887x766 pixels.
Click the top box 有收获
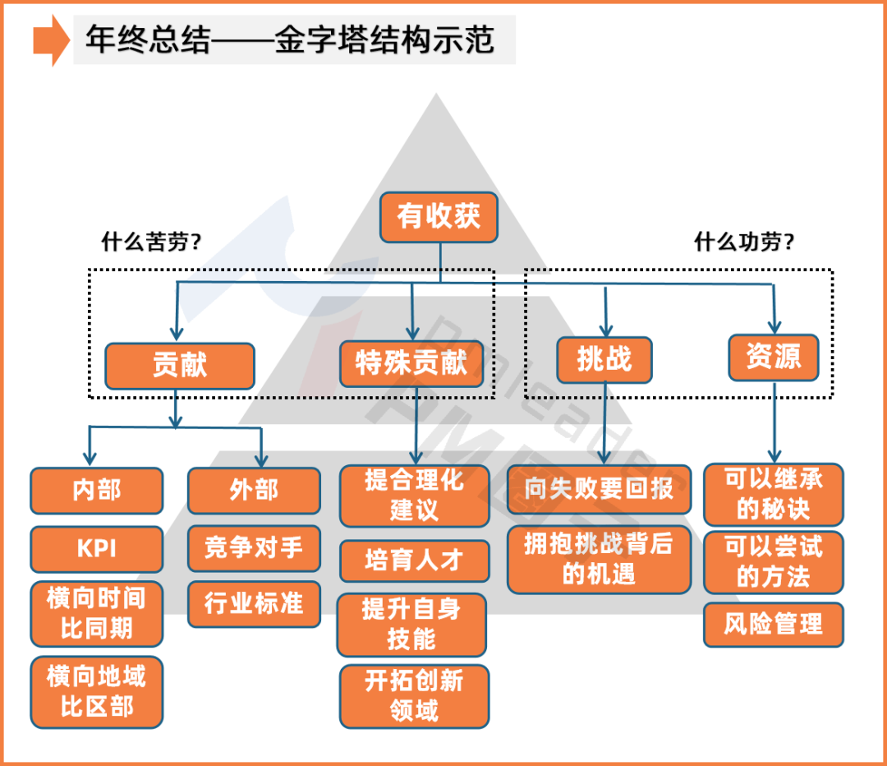point(439,217)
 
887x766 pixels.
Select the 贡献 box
point(180,365)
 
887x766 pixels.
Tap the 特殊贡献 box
point(411,363)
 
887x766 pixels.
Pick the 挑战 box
point(604,359)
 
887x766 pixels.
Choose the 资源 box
point(773,357)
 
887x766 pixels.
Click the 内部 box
point(97,491)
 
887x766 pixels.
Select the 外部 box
point(254,491)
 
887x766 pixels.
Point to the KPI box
point(97,548)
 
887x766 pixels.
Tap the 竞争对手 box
point(254,547)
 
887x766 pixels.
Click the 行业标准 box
point(254,604)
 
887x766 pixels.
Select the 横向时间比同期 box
point(97,614)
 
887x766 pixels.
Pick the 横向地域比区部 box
point(97,691)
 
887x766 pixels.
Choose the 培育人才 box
point(414,561)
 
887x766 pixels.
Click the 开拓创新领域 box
point(414,695)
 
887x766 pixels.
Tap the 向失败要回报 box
point(599,489)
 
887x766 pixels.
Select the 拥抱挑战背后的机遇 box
point(599,559)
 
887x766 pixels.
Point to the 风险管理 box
point(773,625)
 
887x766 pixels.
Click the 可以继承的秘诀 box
point(773,494)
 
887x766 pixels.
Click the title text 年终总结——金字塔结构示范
point(292,40)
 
